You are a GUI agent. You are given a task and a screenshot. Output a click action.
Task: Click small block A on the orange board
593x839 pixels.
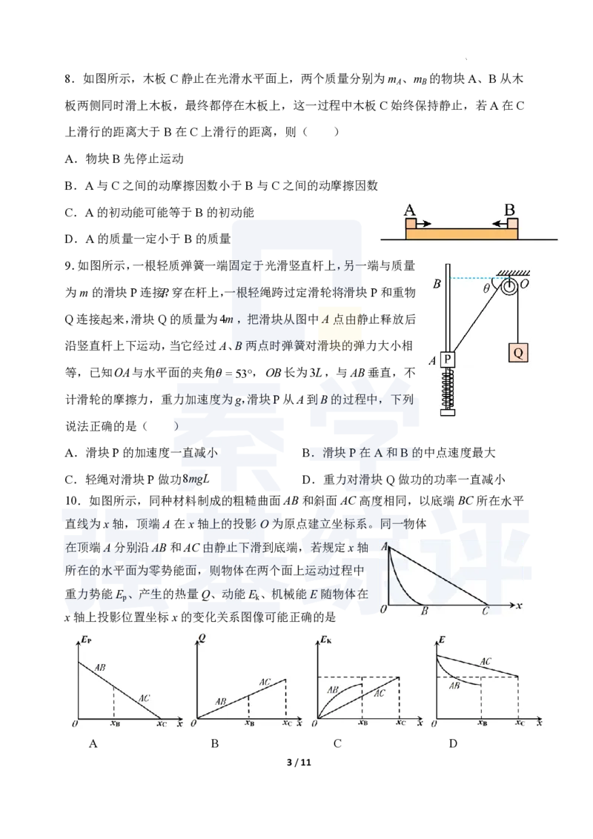tap(411, 223)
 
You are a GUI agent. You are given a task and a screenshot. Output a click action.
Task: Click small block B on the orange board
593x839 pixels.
tap(511, 223)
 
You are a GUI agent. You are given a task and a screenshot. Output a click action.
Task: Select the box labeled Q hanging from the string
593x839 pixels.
tap(518, 353)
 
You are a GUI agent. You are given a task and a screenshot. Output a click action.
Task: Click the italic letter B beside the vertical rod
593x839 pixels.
tap(437, 284)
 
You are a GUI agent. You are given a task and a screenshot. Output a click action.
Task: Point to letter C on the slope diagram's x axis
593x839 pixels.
tap(486, 612)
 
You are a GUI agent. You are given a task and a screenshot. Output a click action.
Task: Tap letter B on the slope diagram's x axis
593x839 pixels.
tap(425, 612)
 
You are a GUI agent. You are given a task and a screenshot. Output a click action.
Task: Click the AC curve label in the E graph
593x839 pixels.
tap(486, 661)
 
